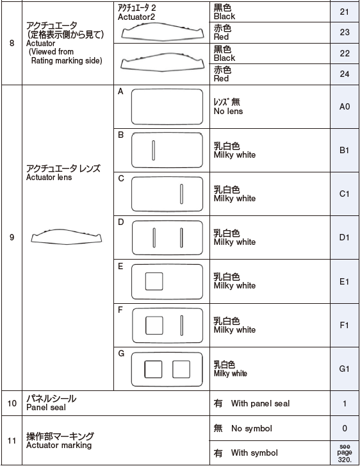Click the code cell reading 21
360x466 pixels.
tap(345, 12)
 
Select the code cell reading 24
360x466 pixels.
tap(345, 74)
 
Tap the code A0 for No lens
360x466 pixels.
tap(345, 106)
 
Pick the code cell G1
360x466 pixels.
tap(345, 369)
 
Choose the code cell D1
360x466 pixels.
tap(345, 237)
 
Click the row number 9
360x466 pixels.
tap(12, 237)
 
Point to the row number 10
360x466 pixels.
tap(12, 403)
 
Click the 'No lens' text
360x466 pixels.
tap(228, 111)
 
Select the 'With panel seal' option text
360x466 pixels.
tap(260, 403)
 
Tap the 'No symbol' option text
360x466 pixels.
tap(251, 428)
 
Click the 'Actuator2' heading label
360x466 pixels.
tap(136, 17)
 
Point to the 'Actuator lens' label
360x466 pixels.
tap(49, 178)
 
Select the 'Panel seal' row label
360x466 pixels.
tap(45, 407)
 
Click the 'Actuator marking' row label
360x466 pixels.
tap(58, 445)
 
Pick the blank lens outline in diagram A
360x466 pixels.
tap(167, 106)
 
